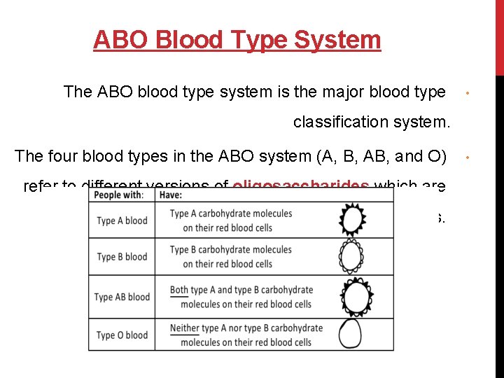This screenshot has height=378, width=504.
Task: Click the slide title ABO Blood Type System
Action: tap(237, 40)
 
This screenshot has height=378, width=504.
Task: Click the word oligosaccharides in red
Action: tap(301, 186)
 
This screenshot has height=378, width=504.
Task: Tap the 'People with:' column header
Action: tap(119, 195)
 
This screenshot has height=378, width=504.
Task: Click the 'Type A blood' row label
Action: tap(122, 220)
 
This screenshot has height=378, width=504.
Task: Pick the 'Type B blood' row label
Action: tap(122, 257)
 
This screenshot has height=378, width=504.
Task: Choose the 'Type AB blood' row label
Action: tap(122, 297)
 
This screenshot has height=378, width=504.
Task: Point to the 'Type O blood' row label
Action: tap(122, 335)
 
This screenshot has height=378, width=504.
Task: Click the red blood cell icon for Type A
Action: tap(356, 220)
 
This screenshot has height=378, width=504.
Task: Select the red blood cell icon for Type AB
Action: tap(356, 297)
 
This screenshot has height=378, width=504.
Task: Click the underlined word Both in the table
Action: tap(179, 290)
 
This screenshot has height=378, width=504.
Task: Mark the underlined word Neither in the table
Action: tap(184, 328)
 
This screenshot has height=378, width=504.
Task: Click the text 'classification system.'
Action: tap(370, 122)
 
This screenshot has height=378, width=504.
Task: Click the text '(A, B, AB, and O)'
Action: tap(379, 156)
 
